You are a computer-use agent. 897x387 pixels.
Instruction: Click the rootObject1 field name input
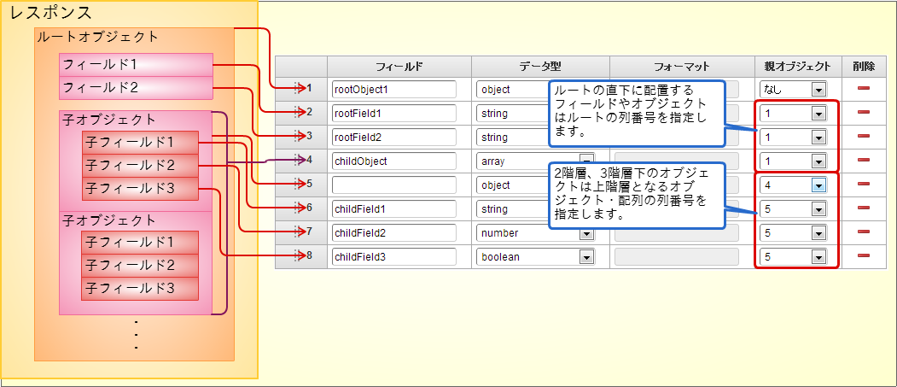394,89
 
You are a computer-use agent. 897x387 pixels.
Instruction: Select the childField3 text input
394,256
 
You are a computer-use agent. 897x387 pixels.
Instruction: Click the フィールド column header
399,66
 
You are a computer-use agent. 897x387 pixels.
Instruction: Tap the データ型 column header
539,66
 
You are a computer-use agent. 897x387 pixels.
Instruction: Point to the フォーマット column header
681,66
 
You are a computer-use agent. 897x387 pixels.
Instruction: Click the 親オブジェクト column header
797,66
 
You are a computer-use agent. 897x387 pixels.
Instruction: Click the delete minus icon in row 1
863,89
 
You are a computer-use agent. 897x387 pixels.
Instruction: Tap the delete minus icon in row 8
863,256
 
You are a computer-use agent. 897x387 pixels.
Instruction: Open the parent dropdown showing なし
794,89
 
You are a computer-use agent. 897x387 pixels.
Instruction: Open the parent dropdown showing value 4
794,185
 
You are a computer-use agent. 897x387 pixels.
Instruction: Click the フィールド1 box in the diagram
136,65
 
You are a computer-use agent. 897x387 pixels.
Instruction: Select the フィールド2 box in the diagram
136,88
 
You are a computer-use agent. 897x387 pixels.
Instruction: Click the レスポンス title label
50,14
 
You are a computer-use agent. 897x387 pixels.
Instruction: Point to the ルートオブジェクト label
97,37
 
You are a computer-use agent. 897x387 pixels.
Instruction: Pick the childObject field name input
394,161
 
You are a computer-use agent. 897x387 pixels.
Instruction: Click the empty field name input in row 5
394,185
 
